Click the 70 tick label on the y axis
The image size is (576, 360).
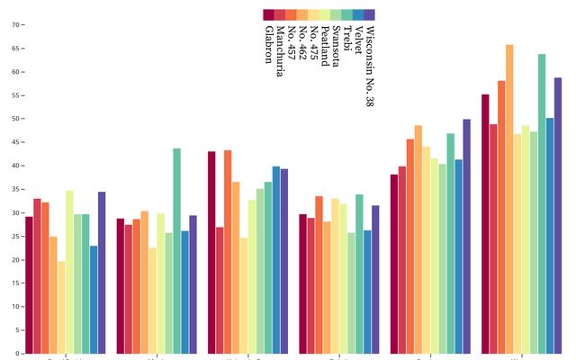(15, 25)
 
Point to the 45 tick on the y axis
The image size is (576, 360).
(15, 142)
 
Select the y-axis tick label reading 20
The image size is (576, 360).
(15, 260)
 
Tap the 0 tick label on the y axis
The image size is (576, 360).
(17, 354)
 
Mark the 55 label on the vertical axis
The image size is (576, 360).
(15, 95)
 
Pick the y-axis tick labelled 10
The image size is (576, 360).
(15, 307)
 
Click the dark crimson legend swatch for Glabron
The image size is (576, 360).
(268, 14)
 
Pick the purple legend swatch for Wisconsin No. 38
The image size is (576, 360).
(369, 14)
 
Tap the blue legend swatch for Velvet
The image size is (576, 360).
(358, 14)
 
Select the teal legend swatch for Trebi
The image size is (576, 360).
(346, 14)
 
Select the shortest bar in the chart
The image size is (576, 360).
(61, 307)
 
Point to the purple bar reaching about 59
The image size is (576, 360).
(558, 215)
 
